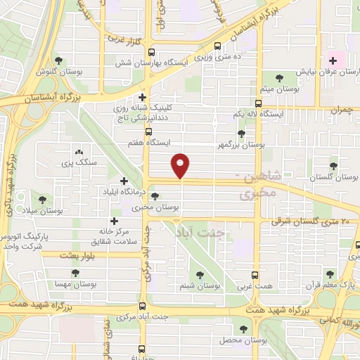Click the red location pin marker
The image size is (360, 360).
tap(181, 166)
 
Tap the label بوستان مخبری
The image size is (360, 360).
tap(153, 208)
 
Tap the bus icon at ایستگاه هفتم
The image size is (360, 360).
tap(148, 131)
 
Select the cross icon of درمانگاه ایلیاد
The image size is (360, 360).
tap(124, 181)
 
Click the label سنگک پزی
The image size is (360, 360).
tap(78, 163)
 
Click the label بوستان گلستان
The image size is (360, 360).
tap(333, 178)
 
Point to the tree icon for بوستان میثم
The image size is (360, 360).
tap(281, 78)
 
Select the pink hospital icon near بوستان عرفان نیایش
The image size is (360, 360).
tap(333, 60)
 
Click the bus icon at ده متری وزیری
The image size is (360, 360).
tap(217, 46)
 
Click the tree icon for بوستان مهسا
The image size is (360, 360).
tap(77, 274)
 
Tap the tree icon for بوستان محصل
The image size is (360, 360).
tap(244, 329)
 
